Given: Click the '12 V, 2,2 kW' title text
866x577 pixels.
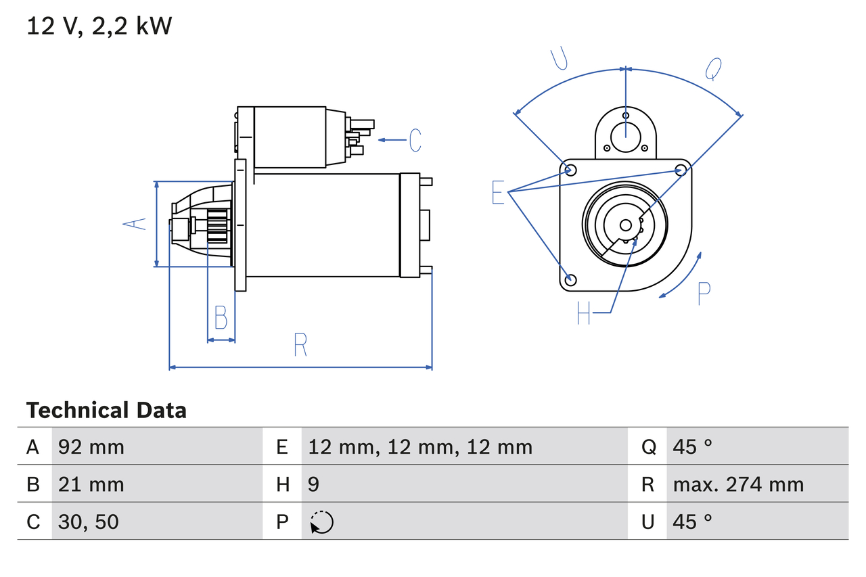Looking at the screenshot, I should [99, 26].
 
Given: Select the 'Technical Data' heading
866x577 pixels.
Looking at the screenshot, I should [106, 411].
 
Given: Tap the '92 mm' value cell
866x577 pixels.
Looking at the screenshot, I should [91, 446].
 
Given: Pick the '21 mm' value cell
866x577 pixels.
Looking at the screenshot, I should [91, 484].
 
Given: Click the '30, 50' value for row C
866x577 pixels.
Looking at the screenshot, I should [89, 522].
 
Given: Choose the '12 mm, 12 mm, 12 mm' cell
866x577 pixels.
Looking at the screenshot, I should [420, 446].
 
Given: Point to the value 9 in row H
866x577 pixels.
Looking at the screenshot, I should [314, 484].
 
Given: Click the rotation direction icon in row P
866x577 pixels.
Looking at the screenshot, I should [321, 522].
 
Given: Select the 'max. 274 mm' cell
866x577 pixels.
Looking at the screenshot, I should [738, 484].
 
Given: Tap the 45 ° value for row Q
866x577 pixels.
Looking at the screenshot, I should [693, 446].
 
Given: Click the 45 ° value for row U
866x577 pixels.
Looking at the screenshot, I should [693, 522].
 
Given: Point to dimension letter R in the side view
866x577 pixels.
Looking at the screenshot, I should [300, 345].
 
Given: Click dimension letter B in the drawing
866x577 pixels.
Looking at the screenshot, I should [221, 317].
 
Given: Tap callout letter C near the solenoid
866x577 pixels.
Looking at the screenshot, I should [415, 140].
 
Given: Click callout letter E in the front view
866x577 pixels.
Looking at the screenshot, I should [498, 193].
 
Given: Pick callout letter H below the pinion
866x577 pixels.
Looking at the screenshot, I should [584, 313].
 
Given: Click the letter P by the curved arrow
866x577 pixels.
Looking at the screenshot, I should [704, 294].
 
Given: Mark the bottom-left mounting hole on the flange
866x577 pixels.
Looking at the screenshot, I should [570, 279].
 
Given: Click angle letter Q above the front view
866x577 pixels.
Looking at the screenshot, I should [713, 68].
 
